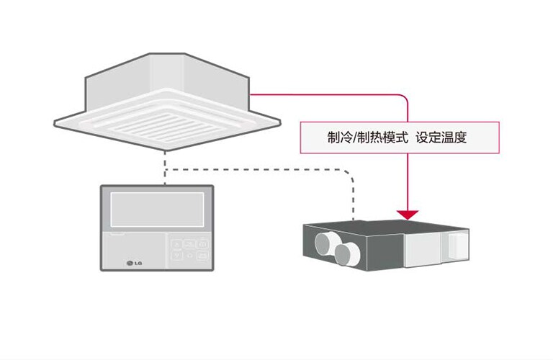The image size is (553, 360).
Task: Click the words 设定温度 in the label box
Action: click(434, 138)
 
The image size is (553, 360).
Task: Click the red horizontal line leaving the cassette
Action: click(324, 94)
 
